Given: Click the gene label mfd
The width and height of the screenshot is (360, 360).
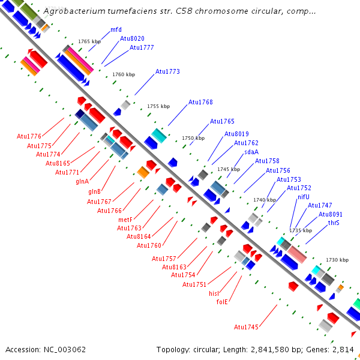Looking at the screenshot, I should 116,29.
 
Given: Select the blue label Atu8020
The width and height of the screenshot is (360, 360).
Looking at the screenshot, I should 132,38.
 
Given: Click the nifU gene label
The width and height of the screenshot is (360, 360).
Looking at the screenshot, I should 304,197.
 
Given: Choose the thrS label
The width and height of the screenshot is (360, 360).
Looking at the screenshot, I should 334,223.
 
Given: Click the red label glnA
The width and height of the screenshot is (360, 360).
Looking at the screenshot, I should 82,181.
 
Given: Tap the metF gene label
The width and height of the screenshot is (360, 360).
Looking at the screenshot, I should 125,220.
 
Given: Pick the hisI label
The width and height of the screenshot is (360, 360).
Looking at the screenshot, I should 214,293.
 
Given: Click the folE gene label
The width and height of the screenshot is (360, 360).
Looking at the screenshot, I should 222,302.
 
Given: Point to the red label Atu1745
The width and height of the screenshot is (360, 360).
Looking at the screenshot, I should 246,327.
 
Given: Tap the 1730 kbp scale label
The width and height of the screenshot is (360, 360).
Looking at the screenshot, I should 337,260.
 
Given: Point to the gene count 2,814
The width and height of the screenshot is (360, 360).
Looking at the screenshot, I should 344,349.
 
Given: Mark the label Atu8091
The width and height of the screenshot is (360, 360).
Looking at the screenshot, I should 331,214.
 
